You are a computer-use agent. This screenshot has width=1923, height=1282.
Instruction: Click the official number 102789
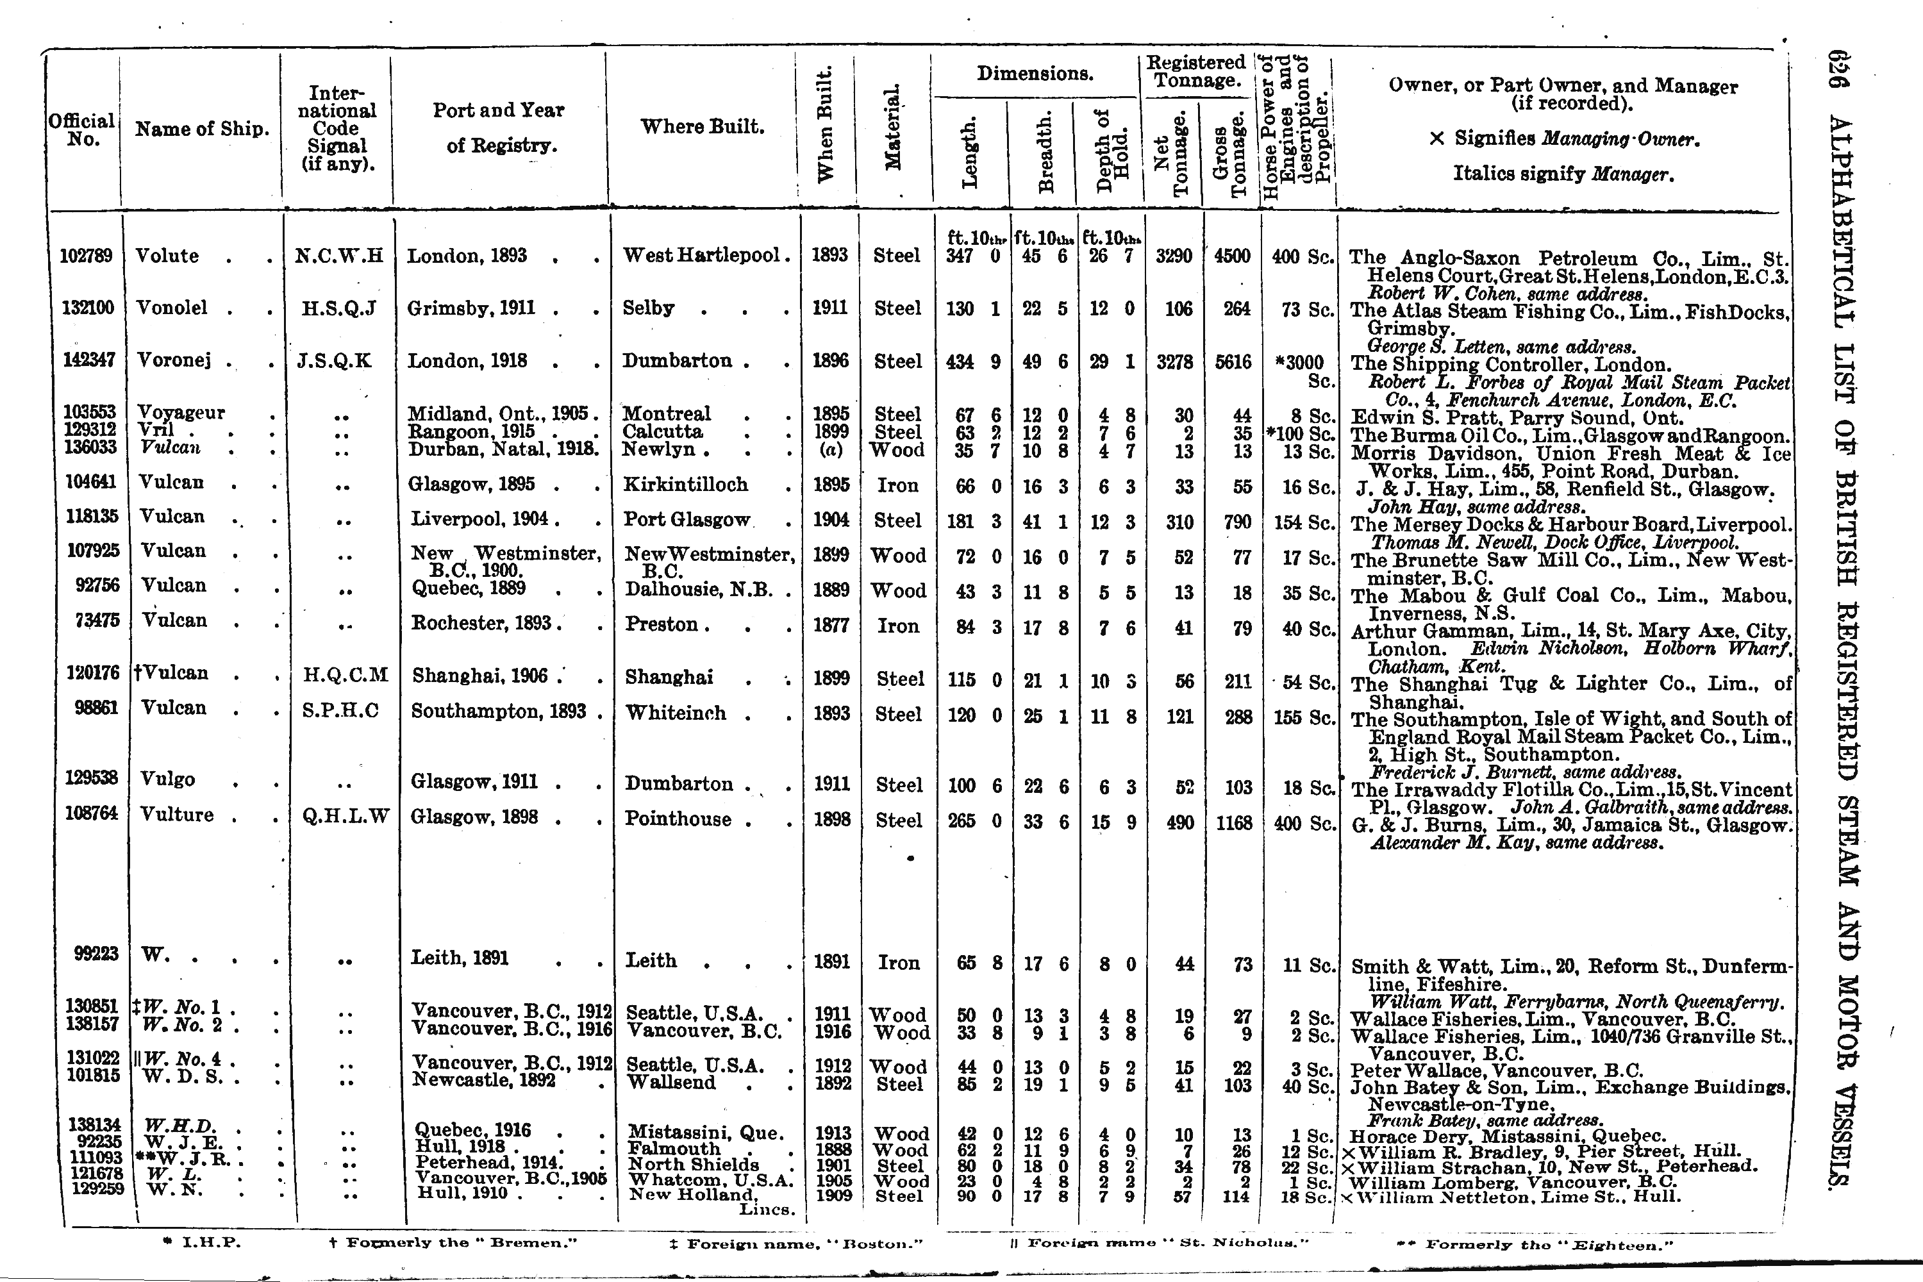coord(86,256)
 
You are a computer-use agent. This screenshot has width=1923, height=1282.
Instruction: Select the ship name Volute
coord(167,256)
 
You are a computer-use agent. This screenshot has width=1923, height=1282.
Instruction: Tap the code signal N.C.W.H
coord(338,256)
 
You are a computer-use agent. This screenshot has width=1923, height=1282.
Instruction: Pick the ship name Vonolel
coord(172,308)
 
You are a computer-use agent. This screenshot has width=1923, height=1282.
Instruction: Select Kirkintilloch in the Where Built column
coord(685,485)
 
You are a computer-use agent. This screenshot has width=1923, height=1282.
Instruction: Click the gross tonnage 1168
coord(1234,822)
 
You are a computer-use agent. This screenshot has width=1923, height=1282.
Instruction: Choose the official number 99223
coord(96,953)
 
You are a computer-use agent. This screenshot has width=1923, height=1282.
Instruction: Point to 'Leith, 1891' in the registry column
coord(459,958)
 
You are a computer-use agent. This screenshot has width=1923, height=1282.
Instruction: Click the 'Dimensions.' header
coord(1035,74)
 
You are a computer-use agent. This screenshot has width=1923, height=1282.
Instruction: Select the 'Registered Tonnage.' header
coord(1195,72)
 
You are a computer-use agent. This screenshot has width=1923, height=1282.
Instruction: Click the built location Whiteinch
coord(676,713)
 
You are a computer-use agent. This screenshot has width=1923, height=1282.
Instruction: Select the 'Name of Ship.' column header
coord(202,129)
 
